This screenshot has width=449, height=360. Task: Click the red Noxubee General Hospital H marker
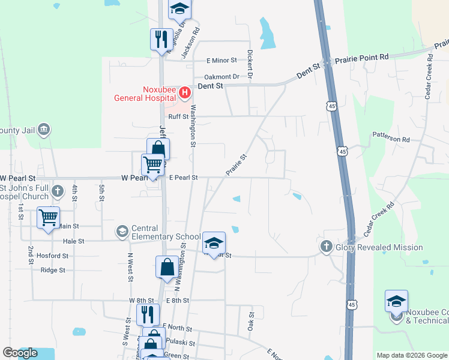pyautogui.click(x=185, y=92)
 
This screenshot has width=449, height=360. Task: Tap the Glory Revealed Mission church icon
pyautogui.click(x=326, y=246)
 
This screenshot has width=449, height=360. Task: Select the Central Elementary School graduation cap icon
pyautogui.click(x=122, y=232)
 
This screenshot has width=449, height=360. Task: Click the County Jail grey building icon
pyautogui.click(x=43, y=130)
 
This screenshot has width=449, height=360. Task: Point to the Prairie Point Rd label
pyautogui.click(x=362, y=58)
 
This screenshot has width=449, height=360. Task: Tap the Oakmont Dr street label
pyautogui.click(x=221, y=77)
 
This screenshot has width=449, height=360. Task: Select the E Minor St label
pyautogui.click(x=222, y=61)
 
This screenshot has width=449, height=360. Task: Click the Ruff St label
pyautogui.click(x=178, y=116)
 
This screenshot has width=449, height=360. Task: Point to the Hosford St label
pyautogui.click(x=52, y=256)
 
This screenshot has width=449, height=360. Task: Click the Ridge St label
pyautogui.click(x=52, y=270)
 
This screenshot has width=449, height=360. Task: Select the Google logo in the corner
pyautogui.click(x=20, y=353)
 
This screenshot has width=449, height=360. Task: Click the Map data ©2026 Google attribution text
pyautogui.click(x=411, y=355)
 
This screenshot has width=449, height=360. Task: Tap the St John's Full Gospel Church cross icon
pyautogui.click(x=57, y=191)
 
